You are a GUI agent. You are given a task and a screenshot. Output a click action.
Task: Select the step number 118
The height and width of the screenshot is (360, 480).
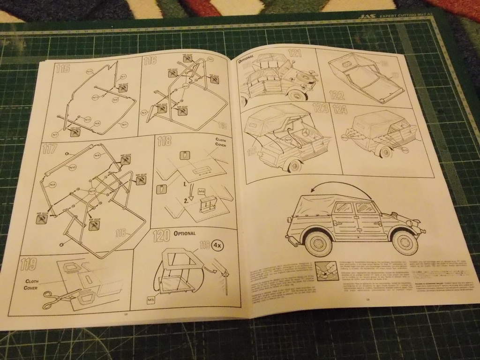pyautogui.click(x=164, y=141)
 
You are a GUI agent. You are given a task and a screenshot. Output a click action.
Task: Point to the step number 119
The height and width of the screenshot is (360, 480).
pyautogui.click(x=29, y=264)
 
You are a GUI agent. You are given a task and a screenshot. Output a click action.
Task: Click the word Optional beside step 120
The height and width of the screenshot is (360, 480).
pyautogui.click(x=184, y=233)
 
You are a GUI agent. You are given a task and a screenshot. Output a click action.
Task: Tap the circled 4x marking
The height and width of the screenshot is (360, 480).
pyautogui.click(x=217, y=245)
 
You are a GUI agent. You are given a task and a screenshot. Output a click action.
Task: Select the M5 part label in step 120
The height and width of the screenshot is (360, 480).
pyautogui.click(x=150, y=299)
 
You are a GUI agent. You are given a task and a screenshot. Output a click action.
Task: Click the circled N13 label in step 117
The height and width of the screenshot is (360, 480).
pyautogui.click(x=92, y=191)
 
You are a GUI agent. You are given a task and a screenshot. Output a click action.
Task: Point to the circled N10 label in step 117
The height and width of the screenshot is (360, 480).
pyautogui.click(x=73, y=167)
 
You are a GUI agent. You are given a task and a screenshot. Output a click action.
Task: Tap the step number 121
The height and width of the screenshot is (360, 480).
pyautogui.click(x=295, y=53)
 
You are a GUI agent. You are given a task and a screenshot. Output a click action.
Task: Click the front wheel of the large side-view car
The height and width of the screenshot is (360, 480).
pyautogui.click(x=404, y=241)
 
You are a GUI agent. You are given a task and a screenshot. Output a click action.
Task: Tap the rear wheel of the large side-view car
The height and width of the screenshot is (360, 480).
pyautogui.click(x=317, y=243)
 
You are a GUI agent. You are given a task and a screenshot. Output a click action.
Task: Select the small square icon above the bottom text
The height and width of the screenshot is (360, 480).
pyautogui.click(x=323, y=271)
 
